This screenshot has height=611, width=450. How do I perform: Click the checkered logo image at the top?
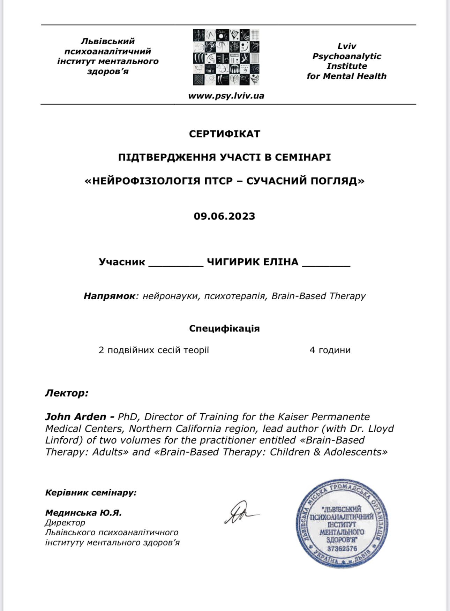226,57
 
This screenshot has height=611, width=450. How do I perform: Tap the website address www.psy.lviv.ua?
226,96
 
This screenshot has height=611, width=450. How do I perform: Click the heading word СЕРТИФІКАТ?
225,134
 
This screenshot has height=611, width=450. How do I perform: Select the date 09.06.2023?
225,216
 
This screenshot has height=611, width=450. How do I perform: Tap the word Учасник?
122,262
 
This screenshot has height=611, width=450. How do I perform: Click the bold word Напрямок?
109,296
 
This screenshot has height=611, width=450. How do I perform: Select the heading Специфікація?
225,329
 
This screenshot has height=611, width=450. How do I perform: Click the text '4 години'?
330,350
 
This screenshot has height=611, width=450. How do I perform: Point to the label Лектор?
67,393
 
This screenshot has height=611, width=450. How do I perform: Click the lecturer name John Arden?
76,417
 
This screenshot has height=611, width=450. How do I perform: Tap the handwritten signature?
240,512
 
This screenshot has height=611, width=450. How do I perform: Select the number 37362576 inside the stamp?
342,549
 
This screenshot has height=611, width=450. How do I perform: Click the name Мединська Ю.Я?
83,513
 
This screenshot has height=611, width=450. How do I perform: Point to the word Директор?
65,523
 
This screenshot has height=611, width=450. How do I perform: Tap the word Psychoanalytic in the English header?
346,56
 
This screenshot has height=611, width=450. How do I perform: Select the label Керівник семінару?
91,493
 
